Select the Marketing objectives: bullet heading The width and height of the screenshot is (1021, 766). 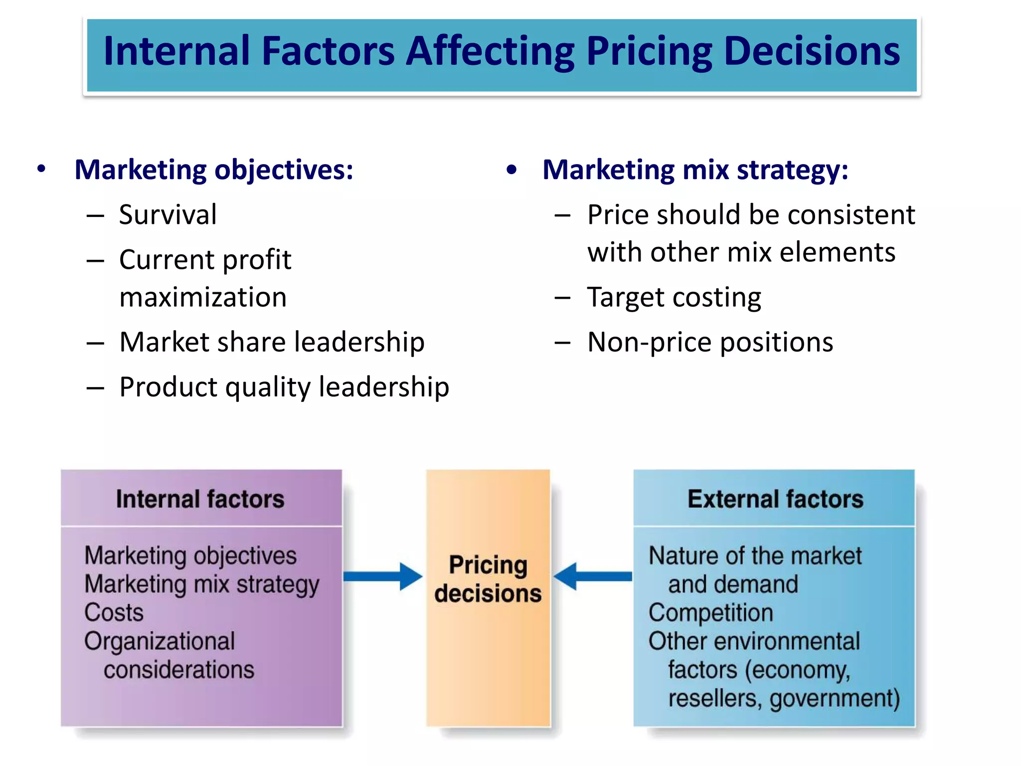point(214,170)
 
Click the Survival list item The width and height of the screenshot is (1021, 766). point(168,215)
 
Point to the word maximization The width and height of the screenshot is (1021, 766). point(203,297)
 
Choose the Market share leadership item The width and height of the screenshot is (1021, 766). point(272,342)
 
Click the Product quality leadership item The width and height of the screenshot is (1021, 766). point(284,387)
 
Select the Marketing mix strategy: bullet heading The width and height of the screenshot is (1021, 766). point(695,170)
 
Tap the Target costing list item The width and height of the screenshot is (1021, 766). point(674,297)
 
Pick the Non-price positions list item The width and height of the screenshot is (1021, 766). point(710,342)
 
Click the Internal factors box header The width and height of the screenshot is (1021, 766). point(200,499)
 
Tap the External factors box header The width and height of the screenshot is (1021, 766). point(775,499)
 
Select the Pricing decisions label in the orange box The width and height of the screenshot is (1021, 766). point(488,579)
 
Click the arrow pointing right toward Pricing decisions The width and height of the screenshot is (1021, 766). point(383,576)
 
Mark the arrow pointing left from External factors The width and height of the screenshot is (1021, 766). point(593,576)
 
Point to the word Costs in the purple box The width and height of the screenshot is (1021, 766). point(114,612)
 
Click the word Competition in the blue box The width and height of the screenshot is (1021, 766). point(710,612)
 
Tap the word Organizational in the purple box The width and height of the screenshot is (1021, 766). point(160,641)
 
